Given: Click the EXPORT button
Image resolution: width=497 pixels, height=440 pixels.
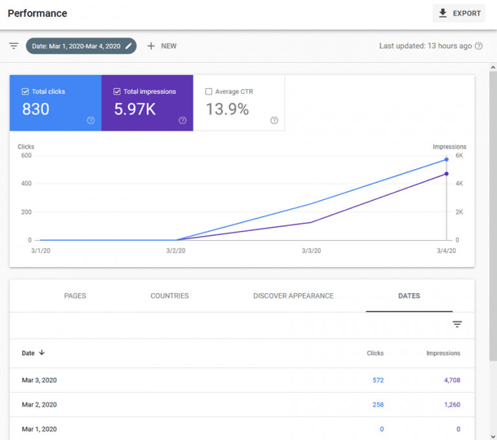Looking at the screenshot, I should (x=459, y=14).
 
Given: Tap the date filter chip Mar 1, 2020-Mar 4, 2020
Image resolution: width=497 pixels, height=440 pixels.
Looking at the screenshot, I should (x=81, y=46).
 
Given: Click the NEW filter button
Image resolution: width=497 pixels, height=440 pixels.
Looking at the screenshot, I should (x=161, y=46).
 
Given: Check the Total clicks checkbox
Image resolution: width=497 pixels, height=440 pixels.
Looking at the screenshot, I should (x=25, y=92).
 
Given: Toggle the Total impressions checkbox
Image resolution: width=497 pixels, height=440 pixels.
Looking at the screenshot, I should (x=117, y=92).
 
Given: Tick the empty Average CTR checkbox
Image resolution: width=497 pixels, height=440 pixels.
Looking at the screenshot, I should (x=208, y=92).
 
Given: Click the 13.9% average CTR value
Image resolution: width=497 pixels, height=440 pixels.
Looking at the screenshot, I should (x=227, y=109).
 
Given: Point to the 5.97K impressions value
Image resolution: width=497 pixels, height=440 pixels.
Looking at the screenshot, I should (x=135, y=109).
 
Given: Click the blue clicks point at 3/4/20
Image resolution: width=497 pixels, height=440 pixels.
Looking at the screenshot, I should (x=447, y=159).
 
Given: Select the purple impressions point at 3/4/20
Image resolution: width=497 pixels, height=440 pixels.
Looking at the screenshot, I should (x=447, y=173).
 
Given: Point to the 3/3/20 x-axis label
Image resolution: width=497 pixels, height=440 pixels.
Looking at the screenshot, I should (x=311, y=251).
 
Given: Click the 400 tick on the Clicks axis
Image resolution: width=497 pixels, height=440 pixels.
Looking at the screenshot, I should (x=26, y=184).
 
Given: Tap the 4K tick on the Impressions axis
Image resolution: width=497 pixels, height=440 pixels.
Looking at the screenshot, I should (x=459, y=184).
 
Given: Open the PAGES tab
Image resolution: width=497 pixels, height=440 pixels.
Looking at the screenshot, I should (x=75, y=296).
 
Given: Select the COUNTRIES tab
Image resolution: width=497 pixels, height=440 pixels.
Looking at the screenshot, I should (x=170, y=296).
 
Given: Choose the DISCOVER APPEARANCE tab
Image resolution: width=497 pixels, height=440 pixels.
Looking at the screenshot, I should (x=293, y=296).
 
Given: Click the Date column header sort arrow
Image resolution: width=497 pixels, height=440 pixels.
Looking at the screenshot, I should (x=42, y=353).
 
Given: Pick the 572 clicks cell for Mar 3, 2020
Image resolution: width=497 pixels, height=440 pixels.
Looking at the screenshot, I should (x=378, y=380).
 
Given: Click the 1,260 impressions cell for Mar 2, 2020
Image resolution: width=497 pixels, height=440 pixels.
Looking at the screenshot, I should (x=452, y=405).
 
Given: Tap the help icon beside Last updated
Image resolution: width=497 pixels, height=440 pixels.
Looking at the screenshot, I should (x=479, y=46).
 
